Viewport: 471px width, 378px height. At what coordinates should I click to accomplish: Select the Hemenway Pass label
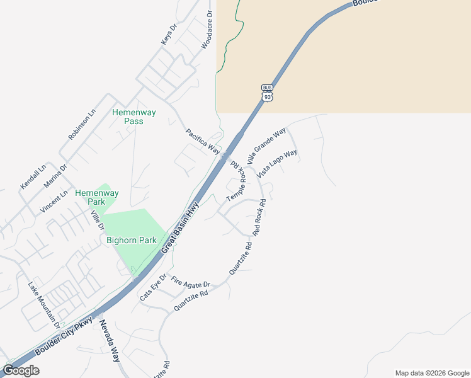click(133, 117)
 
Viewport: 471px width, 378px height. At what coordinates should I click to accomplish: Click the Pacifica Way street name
click(202, 142)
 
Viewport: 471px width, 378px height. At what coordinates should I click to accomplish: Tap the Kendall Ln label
click(33, 177)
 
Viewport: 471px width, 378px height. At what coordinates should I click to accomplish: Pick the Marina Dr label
click(55, 176)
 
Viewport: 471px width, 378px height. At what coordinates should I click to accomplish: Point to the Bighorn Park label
click(131, 240)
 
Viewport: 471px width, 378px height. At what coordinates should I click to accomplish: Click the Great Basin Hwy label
click(180, 227)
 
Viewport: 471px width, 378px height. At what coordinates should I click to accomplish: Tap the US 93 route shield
click(268, 92)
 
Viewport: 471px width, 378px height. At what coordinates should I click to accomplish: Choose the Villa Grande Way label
click(266, 146)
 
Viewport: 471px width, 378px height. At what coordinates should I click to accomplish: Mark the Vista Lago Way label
click(277, 164)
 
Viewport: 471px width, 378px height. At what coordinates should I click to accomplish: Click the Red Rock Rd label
click(260, 217)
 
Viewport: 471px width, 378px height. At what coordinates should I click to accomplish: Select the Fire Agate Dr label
click(190, 282)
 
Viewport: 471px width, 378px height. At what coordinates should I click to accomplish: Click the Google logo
click(21, 370)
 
